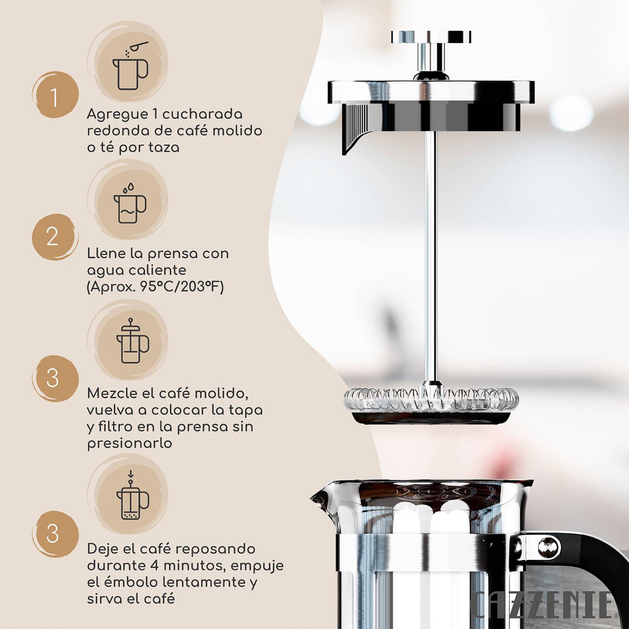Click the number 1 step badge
(55, 95)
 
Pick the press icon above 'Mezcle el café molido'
(132, 341)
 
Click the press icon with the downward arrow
(132, 497)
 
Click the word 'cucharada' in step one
(202, 114)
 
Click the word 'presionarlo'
(130, 443)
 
